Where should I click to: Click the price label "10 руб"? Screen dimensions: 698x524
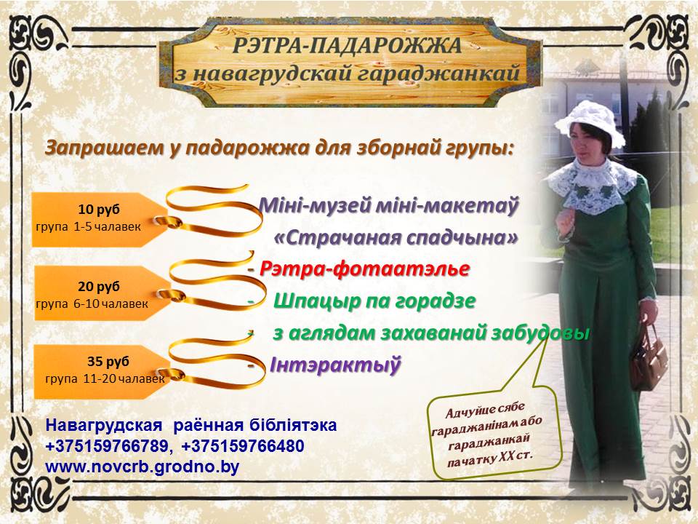tap(99, 210)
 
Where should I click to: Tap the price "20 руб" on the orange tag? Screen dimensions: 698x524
tap(99, 287)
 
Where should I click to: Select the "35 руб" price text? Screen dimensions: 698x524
tap(108, 362)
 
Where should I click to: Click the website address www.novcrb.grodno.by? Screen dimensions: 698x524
tap(143, 467)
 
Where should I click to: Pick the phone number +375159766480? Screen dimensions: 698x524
tap(243, 445)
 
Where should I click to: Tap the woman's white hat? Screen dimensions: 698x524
tap(590, 122)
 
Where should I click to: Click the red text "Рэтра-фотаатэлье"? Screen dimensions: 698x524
tap(364, 269)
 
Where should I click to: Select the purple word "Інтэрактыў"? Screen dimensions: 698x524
tap(335, 365)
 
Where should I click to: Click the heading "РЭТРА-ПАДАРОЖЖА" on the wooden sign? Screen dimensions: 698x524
tap(348, 45)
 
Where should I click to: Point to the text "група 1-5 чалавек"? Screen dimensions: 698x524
tap(88, 227)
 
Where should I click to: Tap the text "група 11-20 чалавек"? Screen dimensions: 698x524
tap(105, 378)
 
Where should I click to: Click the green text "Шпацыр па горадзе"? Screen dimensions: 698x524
tap(374, 301)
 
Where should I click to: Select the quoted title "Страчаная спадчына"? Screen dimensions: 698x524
tap(396, 237)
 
